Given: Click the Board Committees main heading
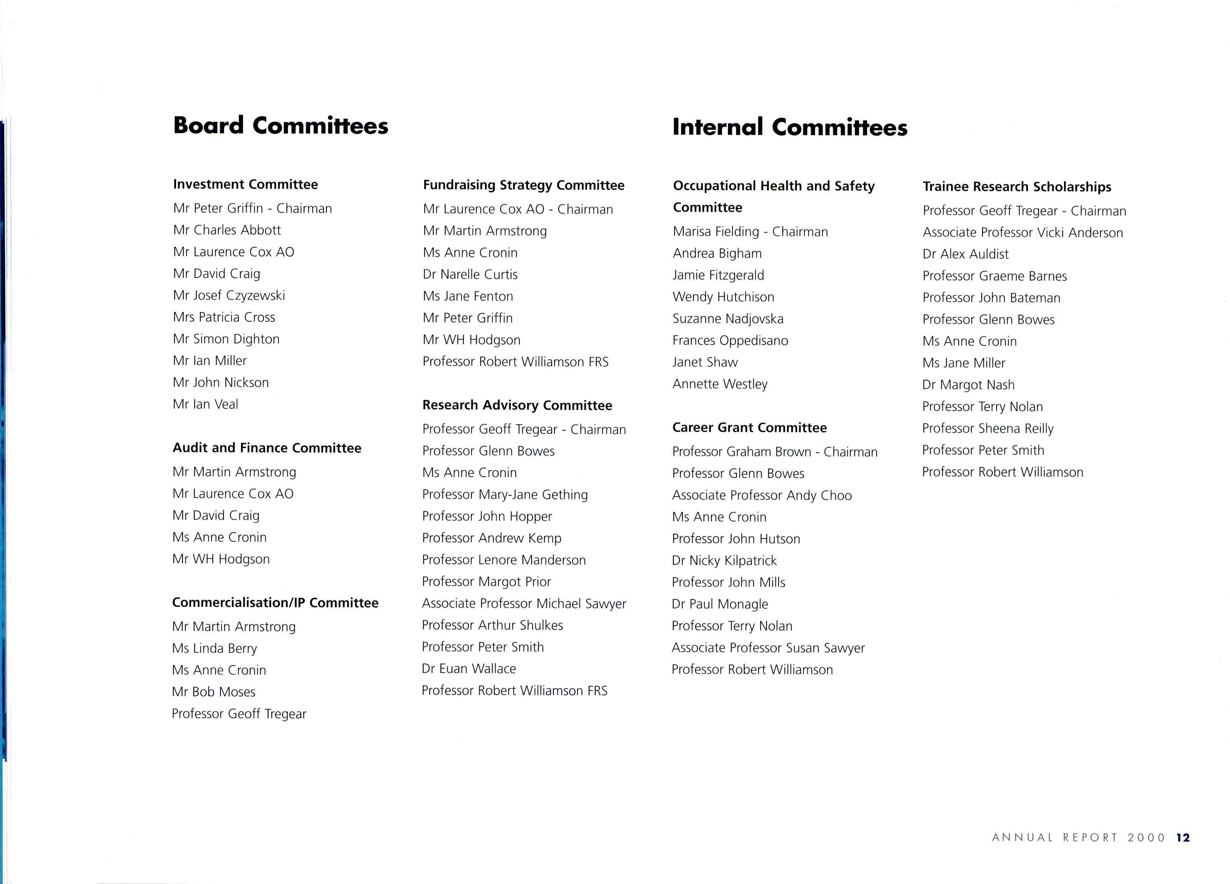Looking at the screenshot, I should (280, 126).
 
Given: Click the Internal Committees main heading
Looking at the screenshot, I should (790, 127).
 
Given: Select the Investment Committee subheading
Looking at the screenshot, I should (245, 184).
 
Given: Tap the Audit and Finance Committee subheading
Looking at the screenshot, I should (267, 448).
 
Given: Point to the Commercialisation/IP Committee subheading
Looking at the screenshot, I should (275, 603).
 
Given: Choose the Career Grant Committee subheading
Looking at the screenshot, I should (750, 428).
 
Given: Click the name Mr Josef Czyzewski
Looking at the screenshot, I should (229, 295).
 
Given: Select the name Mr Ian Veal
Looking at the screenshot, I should (205, 404).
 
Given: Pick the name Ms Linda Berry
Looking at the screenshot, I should (214, 648).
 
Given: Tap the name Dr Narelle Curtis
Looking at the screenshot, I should (470, 274).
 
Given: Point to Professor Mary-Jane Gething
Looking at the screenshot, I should (505, 494).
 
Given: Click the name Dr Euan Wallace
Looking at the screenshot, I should (469, 669).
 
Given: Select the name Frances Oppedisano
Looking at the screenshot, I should (730, 340).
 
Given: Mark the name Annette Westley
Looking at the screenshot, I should (720, 384).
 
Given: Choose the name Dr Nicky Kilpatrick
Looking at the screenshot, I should (724, 560).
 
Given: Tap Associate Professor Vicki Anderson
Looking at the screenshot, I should (1023, 233).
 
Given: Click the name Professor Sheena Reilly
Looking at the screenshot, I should (987, 428).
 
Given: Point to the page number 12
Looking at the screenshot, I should (1183, 837).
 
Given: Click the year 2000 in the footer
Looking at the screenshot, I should (1146, 837).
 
